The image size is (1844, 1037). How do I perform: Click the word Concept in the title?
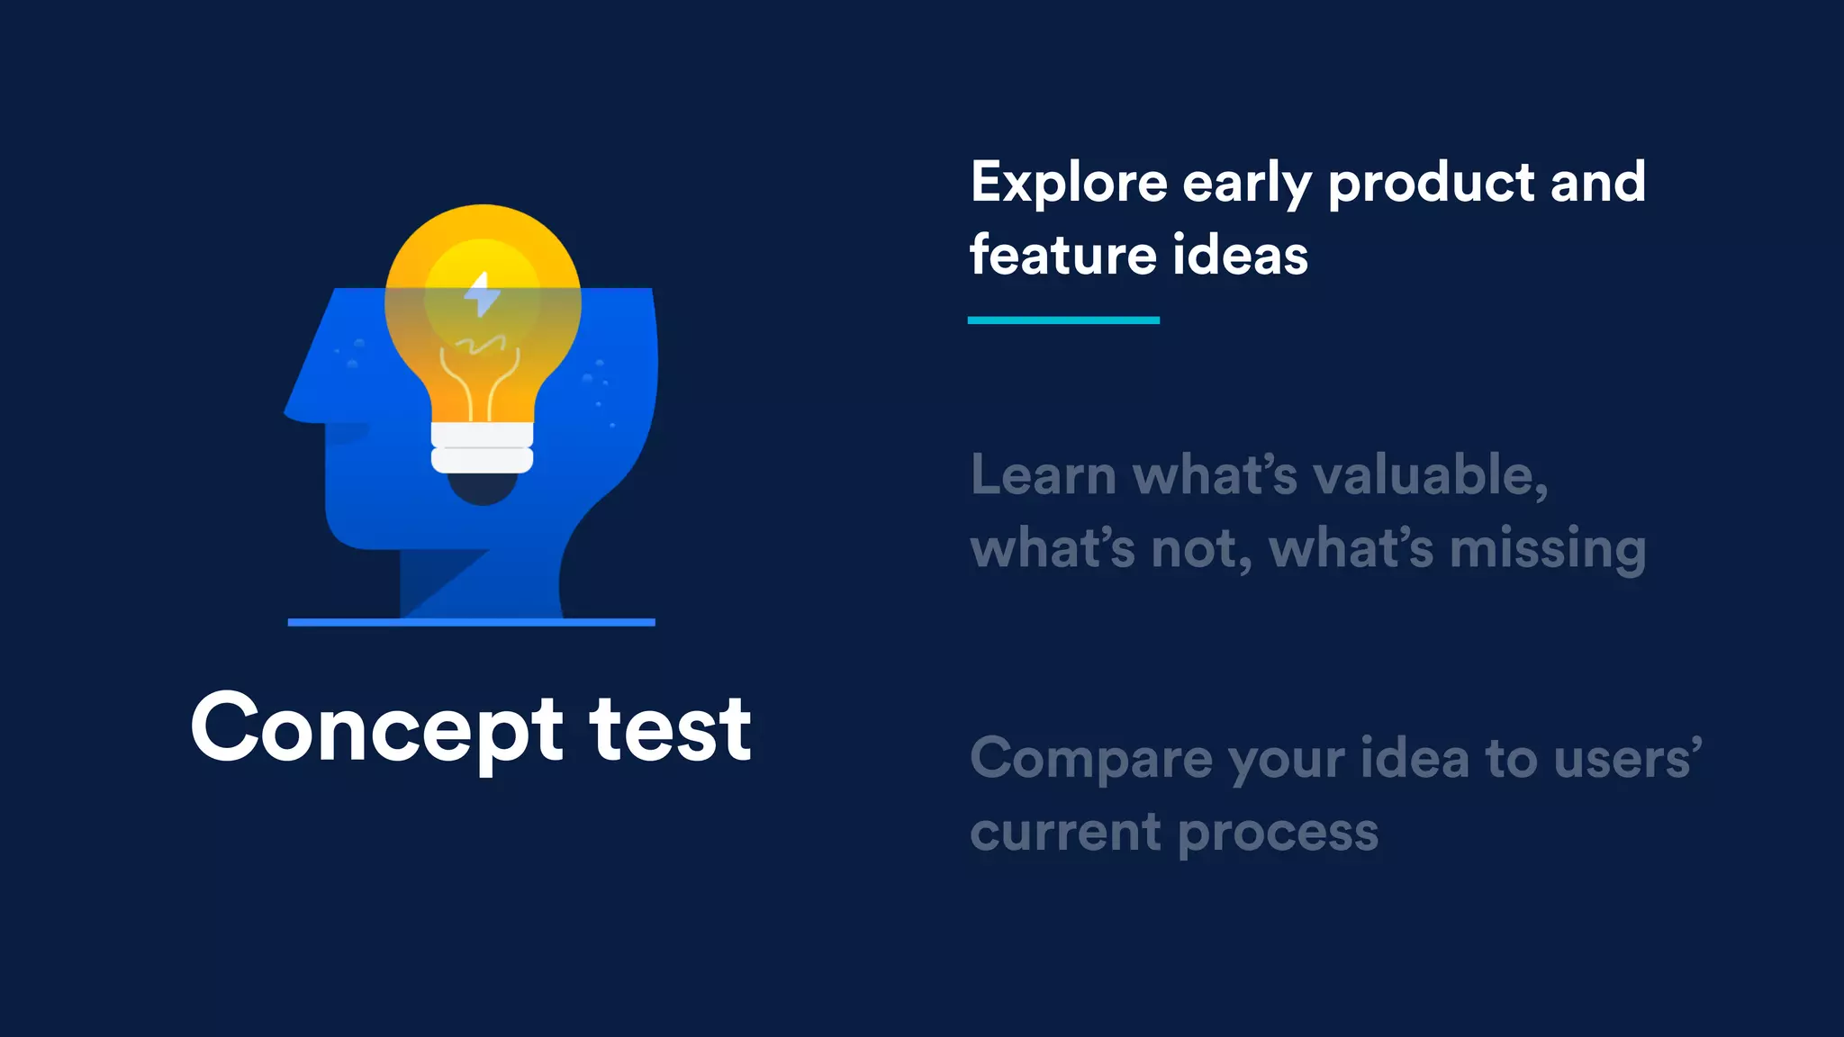click(x=376, y=729)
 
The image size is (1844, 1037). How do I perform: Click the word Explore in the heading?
click(x=1069, y=183)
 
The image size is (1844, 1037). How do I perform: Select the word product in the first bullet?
click(x=1432, y=183)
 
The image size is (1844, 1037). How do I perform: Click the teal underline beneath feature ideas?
click(x=1063, y=320)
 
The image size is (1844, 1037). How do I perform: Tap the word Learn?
click(x=1044, y=475)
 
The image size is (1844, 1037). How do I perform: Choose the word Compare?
click(x=1091, y=759)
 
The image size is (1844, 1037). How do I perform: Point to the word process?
click(x=1278, y=833)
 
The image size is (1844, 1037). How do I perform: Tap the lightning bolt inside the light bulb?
click(x=483, y=294)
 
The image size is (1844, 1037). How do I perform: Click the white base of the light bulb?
click(x=483, y=447)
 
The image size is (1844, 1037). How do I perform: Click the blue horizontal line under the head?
click(x=471, y=622)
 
